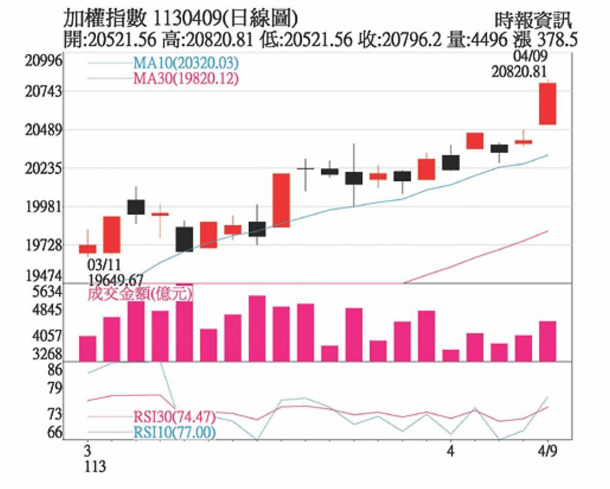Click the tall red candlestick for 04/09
(547, 104)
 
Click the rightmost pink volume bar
(547, 341)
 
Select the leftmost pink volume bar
(88, 348)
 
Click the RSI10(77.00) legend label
(174, 432)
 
